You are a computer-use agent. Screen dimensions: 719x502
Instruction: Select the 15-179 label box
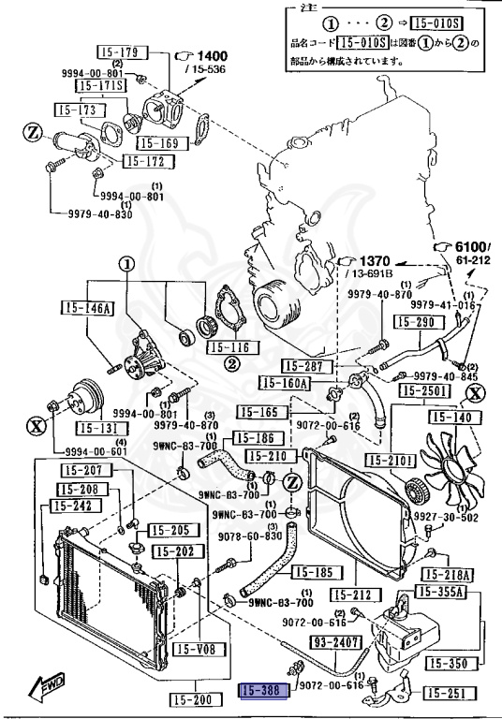116,51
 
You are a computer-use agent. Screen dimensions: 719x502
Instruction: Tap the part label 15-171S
99,86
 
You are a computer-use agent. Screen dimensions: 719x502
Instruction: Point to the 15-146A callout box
86,307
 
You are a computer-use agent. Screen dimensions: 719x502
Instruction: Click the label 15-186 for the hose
253,437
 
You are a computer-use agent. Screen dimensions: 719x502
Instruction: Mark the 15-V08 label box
195,648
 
